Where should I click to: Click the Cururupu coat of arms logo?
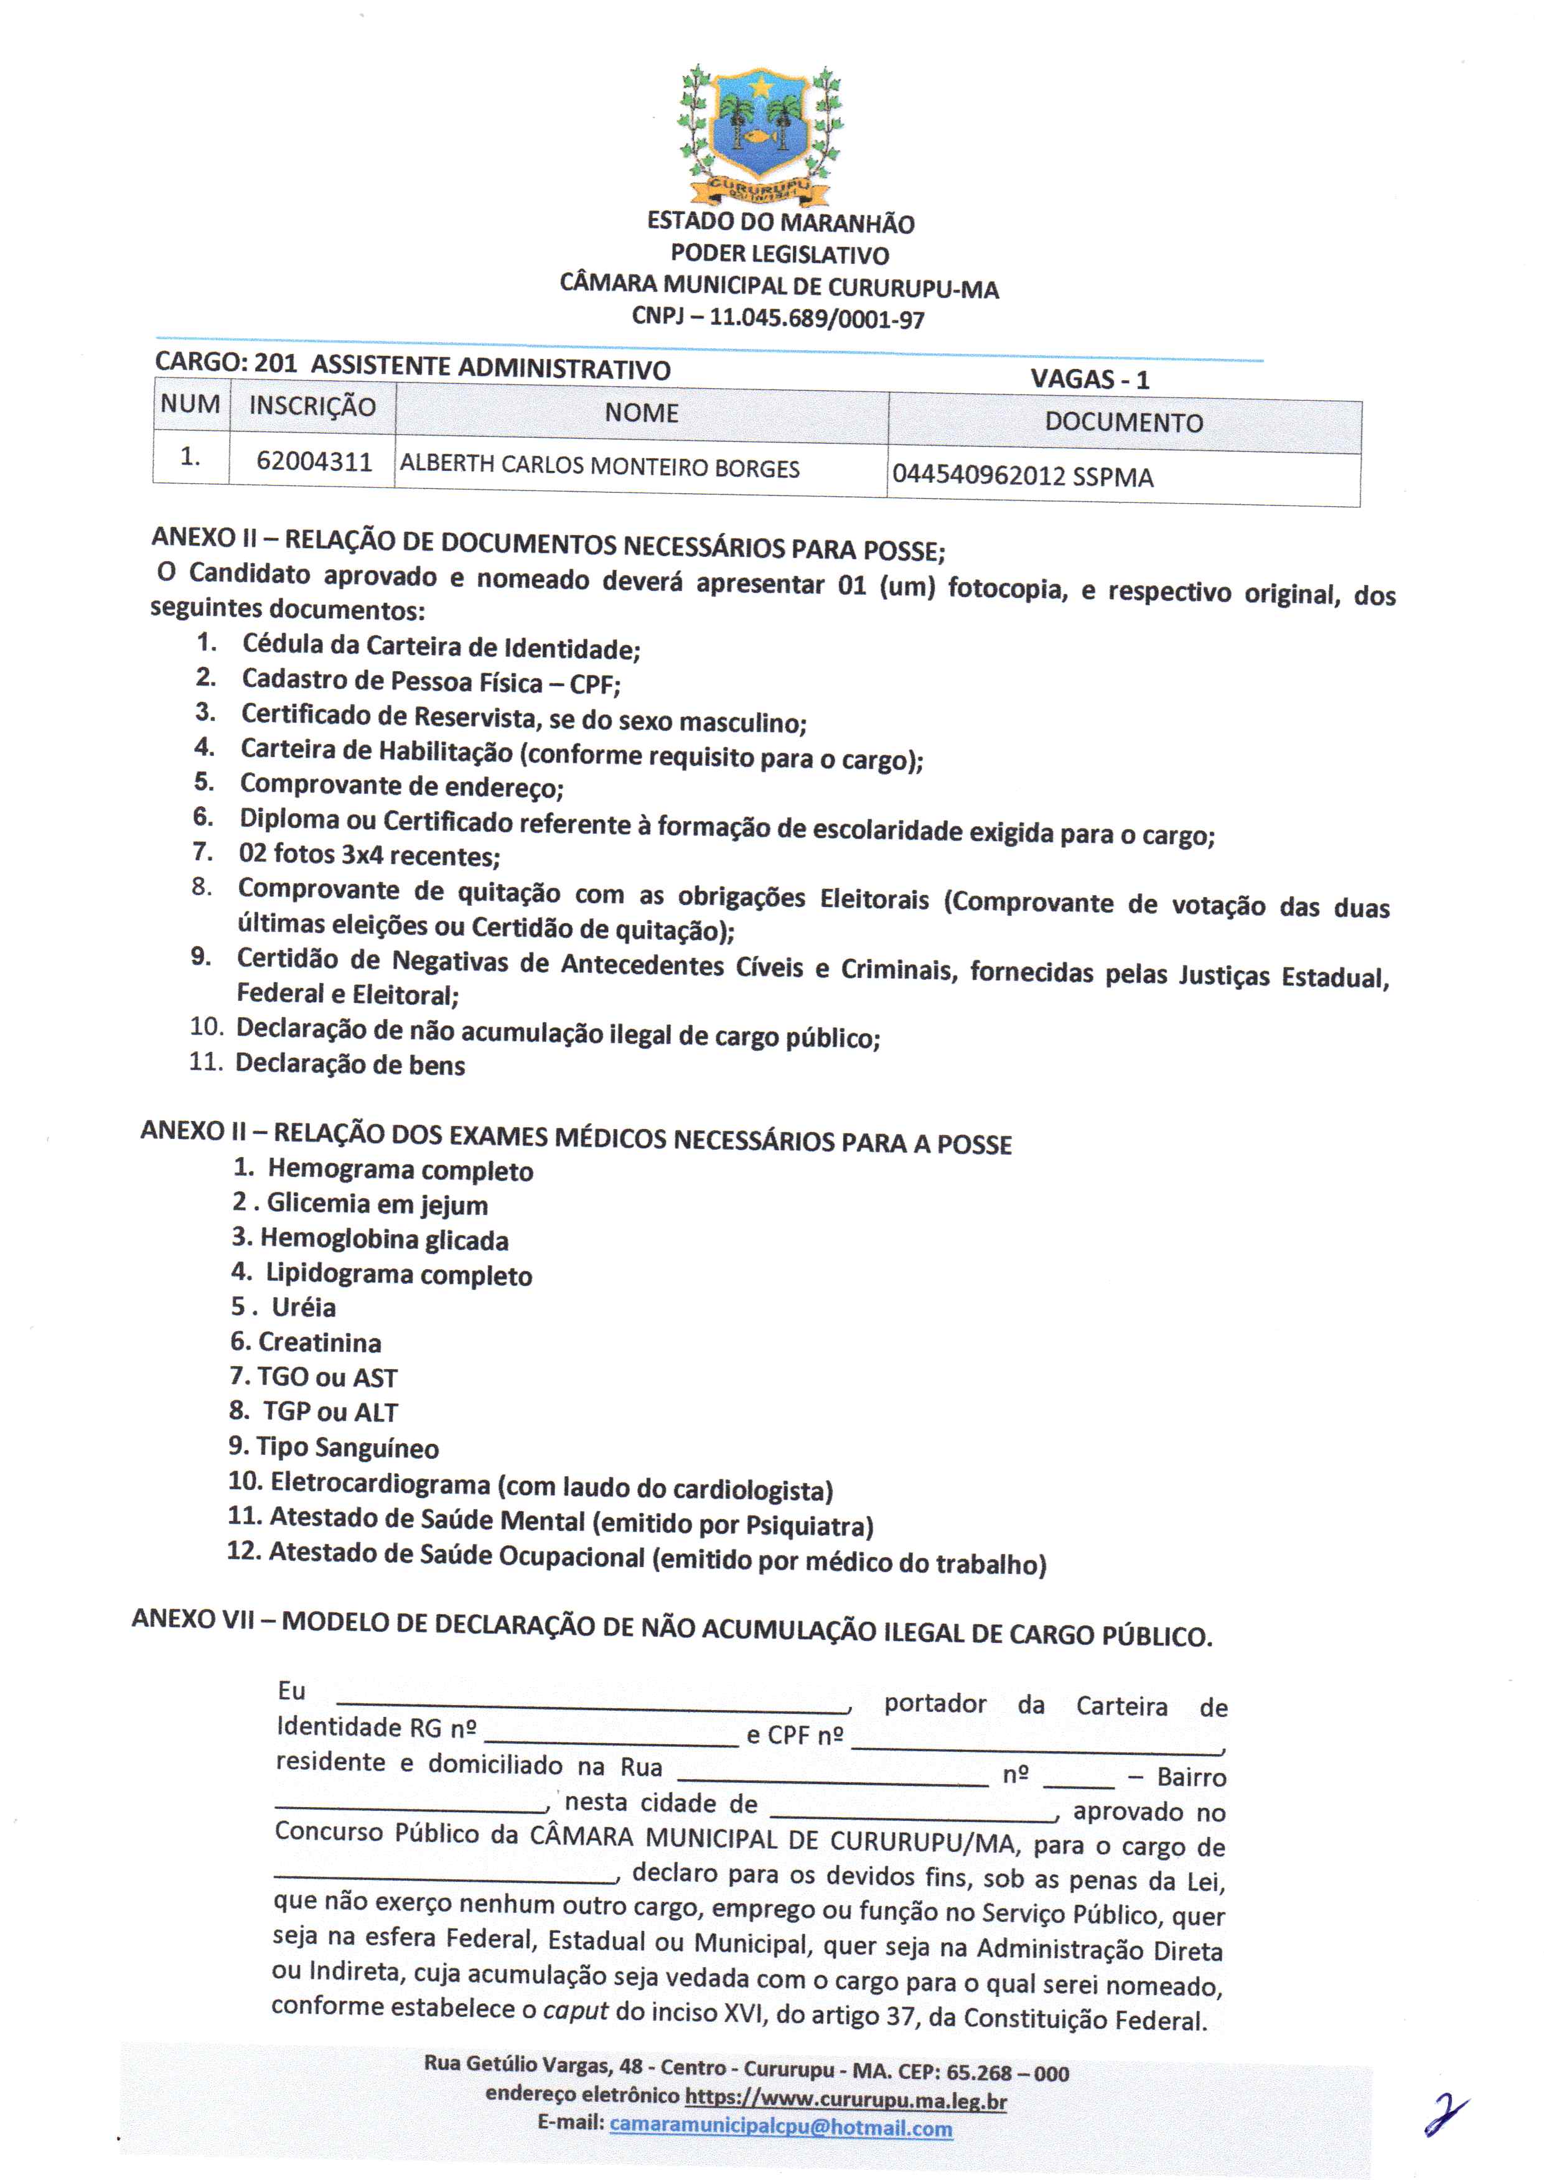coord(760,135)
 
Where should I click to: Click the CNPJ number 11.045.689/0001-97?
coord(816,317)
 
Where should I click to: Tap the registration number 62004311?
coord(314,462)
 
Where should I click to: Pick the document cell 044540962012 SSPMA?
coord(1022,476)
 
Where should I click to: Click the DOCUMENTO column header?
coord(1124,422)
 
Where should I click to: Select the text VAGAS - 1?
coord(1090,379)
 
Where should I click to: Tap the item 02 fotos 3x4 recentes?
coord(369,854)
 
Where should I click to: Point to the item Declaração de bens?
coord(350,1064)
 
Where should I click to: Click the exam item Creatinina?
coord(319,1342)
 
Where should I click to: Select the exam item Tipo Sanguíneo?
coord(347,1448)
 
